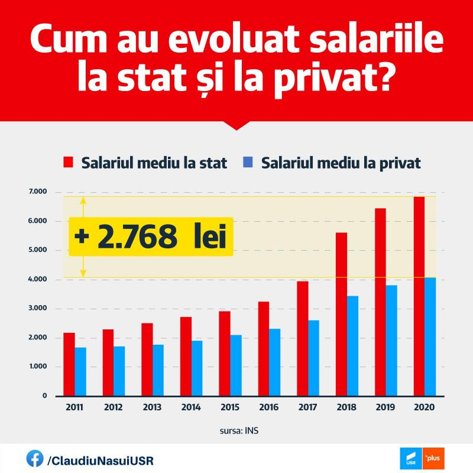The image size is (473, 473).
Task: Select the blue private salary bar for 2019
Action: (x=391, y=340)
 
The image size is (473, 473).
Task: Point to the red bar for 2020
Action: (x=419, y=296)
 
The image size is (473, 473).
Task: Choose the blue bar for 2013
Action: (x=158, y=370)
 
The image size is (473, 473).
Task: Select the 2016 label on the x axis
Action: (x=268, y=408)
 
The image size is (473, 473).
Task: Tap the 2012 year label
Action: (x=113, y=408)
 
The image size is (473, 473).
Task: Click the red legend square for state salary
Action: (x=69, y=163)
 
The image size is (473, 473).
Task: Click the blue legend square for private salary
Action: (x=248, y=163)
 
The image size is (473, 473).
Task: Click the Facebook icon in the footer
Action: (x=34, y=458)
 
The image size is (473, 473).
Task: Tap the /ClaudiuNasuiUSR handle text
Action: (x=101, y=459)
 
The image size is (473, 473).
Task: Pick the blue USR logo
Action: (x=412, y=459)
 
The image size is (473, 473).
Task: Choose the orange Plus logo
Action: (x=434, y=459)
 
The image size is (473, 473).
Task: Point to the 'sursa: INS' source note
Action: (x=236, y=430)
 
